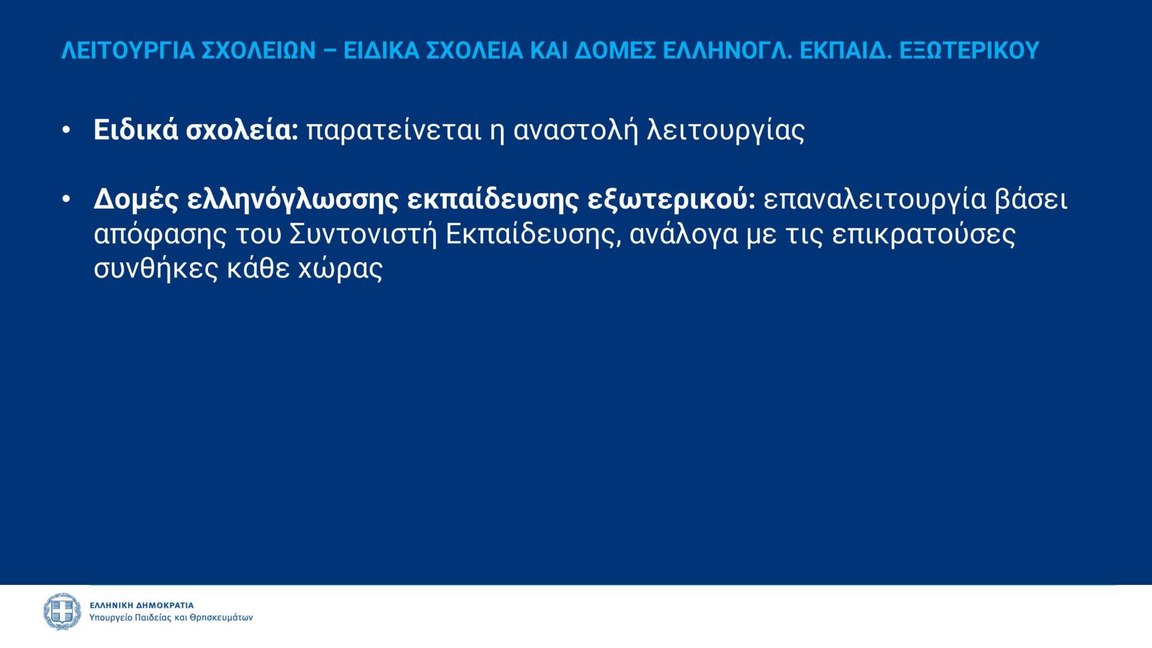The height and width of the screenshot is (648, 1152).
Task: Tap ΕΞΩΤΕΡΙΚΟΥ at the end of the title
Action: (969, 51)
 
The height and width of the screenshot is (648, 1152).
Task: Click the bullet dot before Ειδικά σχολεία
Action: (66, 130)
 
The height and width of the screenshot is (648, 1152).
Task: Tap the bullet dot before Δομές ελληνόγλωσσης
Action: (66, 199)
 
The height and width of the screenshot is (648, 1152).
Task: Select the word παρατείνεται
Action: (394, 130)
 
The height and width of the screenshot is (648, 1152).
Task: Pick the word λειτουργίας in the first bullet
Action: (726, 132)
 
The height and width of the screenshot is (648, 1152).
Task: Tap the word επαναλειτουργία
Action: (875, 200)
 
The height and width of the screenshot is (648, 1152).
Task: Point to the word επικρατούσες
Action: (924, 235)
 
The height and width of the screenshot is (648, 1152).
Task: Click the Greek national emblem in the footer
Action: (62, 611)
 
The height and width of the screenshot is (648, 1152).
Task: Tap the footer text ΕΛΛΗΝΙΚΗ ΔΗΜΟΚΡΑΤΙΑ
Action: (142, 605)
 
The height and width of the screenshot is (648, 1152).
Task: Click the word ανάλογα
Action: (684, 235)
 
